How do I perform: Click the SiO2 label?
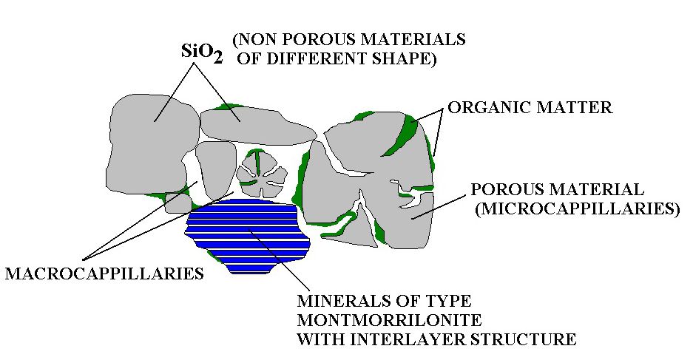(202, 53)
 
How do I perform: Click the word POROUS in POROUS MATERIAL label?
(503, 189)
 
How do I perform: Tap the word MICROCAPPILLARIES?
(577, 208)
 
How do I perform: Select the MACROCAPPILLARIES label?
(104, 274)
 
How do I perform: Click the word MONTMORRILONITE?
(389, 320)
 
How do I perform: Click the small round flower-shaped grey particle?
(260, 174)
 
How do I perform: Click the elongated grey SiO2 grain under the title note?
(257, 125)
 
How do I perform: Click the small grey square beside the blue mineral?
(178, 203)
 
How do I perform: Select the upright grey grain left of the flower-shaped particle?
(215, 170)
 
